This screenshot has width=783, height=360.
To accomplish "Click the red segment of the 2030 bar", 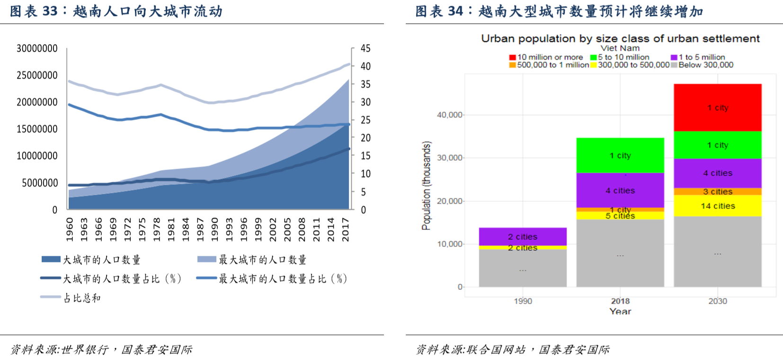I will (x=717, y=108).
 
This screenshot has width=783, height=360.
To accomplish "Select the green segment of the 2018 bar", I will (x=620, y=155).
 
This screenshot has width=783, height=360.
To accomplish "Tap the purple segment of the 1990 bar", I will (x=523, y=236).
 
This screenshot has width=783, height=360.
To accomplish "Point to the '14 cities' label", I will (x=718, y=206).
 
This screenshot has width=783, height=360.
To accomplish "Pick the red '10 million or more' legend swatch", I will (x=512, y=57).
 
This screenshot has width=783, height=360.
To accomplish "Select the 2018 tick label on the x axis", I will (x=620, y=301).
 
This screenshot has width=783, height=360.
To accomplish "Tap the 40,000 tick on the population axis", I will (x=449, y=115).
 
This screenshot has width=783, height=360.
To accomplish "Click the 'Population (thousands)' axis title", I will (x=427, y=186).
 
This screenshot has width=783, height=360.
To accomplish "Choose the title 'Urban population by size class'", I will (x=620, y=38).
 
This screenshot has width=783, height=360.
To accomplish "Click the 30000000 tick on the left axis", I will (x=37, y=48).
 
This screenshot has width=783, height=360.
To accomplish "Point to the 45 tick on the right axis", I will (x=365, y=48).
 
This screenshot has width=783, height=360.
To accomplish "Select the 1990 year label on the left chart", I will (x=215, y=229).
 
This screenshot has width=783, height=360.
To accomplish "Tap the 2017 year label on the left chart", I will (x=346, y=229).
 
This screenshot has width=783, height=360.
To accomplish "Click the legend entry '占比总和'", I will (x=81, y=298).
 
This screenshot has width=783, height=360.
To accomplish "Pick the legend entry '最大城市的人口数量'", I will (x=262, y=260).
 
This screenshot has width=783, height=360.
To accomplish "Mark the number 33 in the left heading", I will (x=50, y=11).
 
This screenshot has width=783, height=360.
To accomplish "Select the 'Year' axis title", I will (x=620, y=311).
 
